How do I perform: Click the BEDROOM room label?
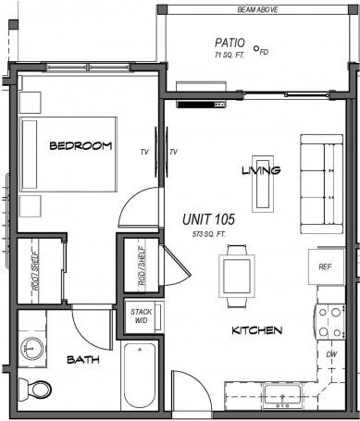81,145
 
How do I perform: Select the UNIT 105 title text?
208,220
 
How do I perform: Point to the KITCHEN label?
256,330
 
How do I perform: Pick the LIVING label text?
260,170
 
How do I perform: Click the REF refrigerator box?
325,266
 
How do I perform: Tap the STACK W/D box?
142,317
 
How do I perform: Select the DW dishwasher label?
330,354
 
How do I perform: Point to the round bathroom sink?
32,349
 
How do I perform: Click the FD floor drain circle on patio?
256,50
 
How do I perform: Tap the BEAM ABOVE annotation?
257,10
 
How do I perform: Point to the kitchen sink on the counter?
279,396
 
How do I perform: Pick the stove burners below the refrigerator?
330,321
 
